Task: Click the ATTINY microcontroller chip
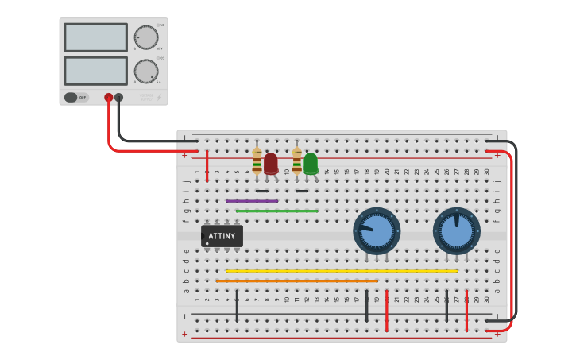[222, 236]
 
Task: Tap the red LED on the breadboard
[271, 163]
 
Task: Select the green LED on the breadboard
[311, 163]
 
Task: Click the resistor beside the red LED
[257, 161]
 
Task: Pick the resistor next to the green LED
[297, 161]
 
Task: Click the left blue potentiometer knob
[377, 231]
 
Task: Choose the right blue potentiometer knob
[457, 231]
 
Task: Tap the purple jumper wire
[251, 201]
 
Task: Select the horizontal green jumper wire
[276, 211]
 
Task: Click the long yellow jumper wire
[342, 271]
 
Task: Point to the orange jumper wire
[296, 281]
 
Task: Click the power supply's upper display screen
[95, 37]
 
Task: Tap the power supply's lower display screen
[95, 71]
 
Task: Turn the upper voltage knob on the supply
[146, 37]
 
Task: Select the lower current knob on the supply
[146, 72]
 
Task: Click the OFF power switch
[75, 98]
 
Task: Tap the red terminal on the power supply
[109, 98]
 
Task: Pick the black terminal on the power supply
[119, 98]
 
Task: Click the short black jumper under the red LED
[261, 191]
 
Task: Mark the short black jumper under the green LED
[302, 191]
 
